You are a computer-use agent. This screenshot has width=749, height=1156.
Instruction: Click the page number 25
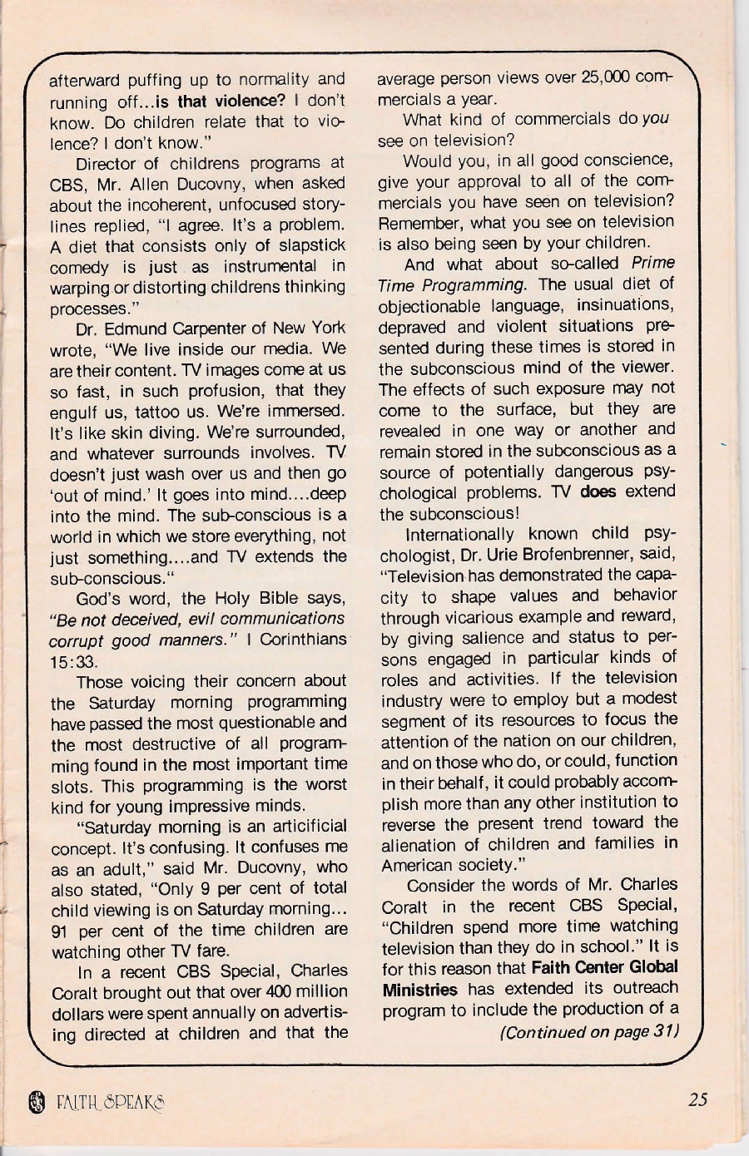[x=697, y=1099]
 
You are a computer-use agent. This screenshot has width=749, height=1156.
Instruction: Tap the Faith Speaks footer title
[x=110, y=1103]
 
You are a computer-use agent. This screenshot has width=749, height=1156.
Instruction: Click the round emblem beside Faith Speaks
[x=35, y=1103]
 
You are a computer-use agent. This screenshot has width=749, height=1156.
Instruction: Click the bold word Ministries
[x=420, y=990]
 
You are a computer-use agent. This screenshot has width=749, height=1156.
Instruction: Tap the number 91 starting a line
[x=62, y=930]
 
